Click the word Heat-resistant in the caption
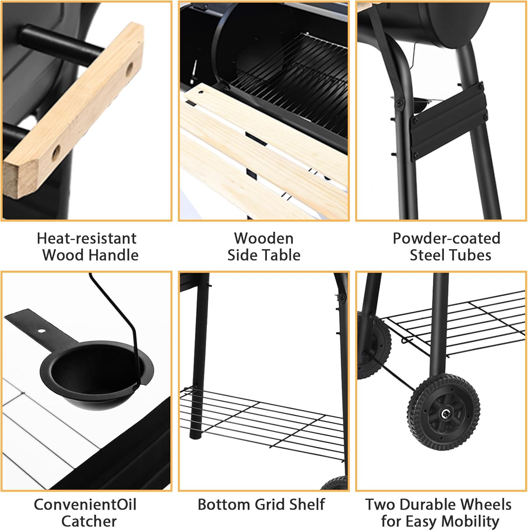(87, 238)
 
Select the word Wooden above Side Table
(264, 238)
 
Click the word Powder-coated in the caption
(447, 238)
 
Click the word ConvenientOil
(85, 504)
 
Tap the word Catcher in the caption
(89, 521)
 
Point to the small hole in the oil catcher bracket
(42, 331)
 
